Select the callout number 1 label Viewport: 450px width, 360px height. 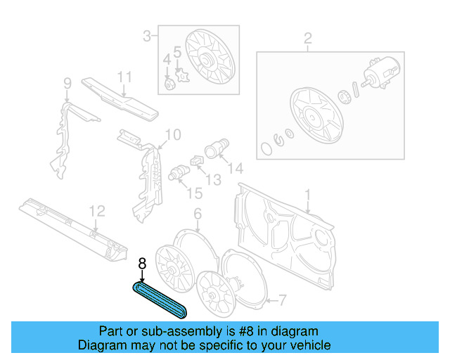(307, 194)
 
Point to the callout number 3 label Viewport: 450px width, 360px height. (147, 35)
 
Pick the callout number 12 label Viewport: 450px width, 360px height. (97, 210)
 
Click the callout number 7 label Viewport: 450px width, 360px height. (281, 301)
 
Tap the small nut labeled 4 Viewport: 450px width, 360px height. (169, 85)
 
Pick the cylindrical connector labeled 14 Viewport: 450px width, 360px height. (214, 150)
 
